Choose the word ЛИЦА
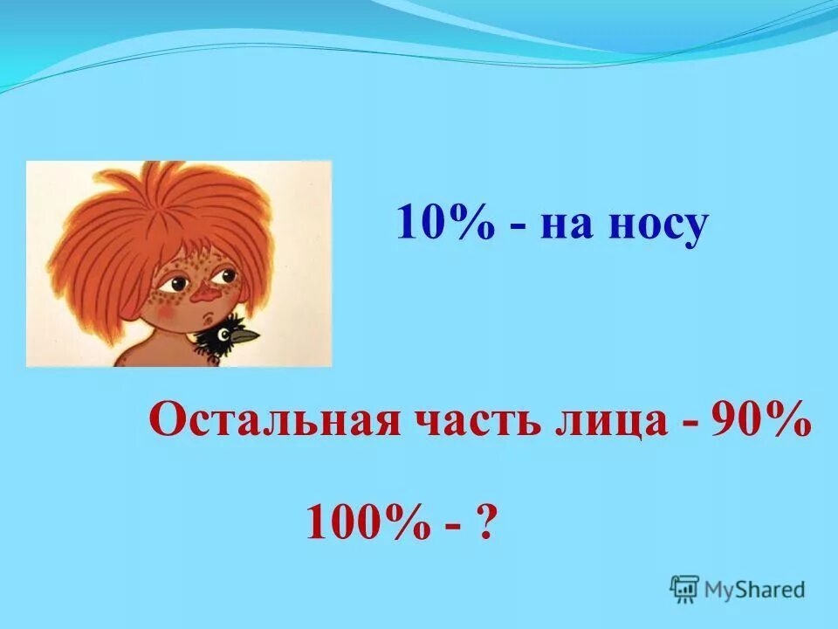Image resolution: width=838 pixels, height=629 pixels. coord(611,423)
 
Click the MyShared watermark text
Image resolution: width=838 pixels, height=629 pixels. coord(754,590)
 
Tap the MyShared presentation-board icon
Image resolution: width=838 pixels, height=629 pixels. coord(684,590)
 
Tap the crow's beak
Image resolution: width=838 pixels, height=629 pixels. coord(248,334)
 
